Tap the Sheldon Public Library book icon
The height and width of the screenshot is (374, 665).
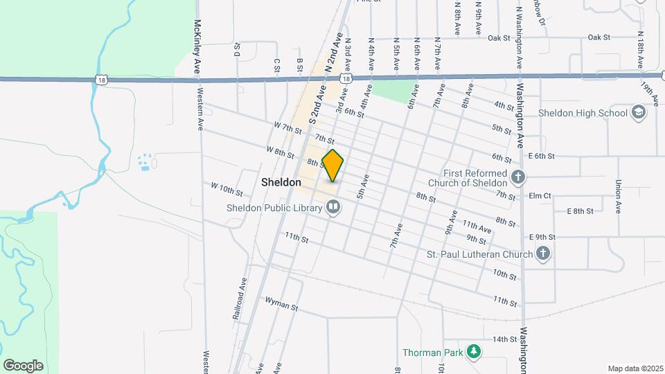coord(334,207)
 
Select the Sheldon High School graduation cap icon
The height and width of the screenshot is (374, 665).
coord(638,113)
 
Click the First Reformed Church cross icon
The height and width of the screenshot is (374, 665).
coord(517,178)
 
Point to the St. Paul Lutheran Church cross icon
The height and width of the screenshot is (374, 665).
coord(544,254)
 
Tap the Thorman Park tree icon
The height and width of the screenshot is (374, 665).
coord(474,353)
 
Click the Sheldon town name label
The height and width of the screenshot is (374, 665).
coord(281,183)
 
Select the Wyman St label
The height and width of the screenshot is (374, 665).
coord(281,303)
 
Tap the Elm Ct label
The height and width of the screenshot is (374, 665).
coord(539,196)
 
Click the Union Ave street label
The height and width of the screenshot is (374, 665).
coord(617,197)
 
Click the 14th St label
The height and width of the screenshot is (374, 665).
coord(505,339)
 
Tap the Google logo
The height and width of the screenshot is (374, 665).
coord(23,365)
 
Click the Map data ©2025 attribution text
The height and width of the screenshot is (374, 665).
coord(635,368)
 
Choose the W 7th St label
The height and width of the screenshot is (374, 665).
coord(287,127)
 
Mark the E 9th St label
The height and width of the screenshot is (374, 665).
coord(542,237)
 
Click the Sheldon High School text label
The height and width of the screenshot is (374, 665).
coord(592,113)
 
